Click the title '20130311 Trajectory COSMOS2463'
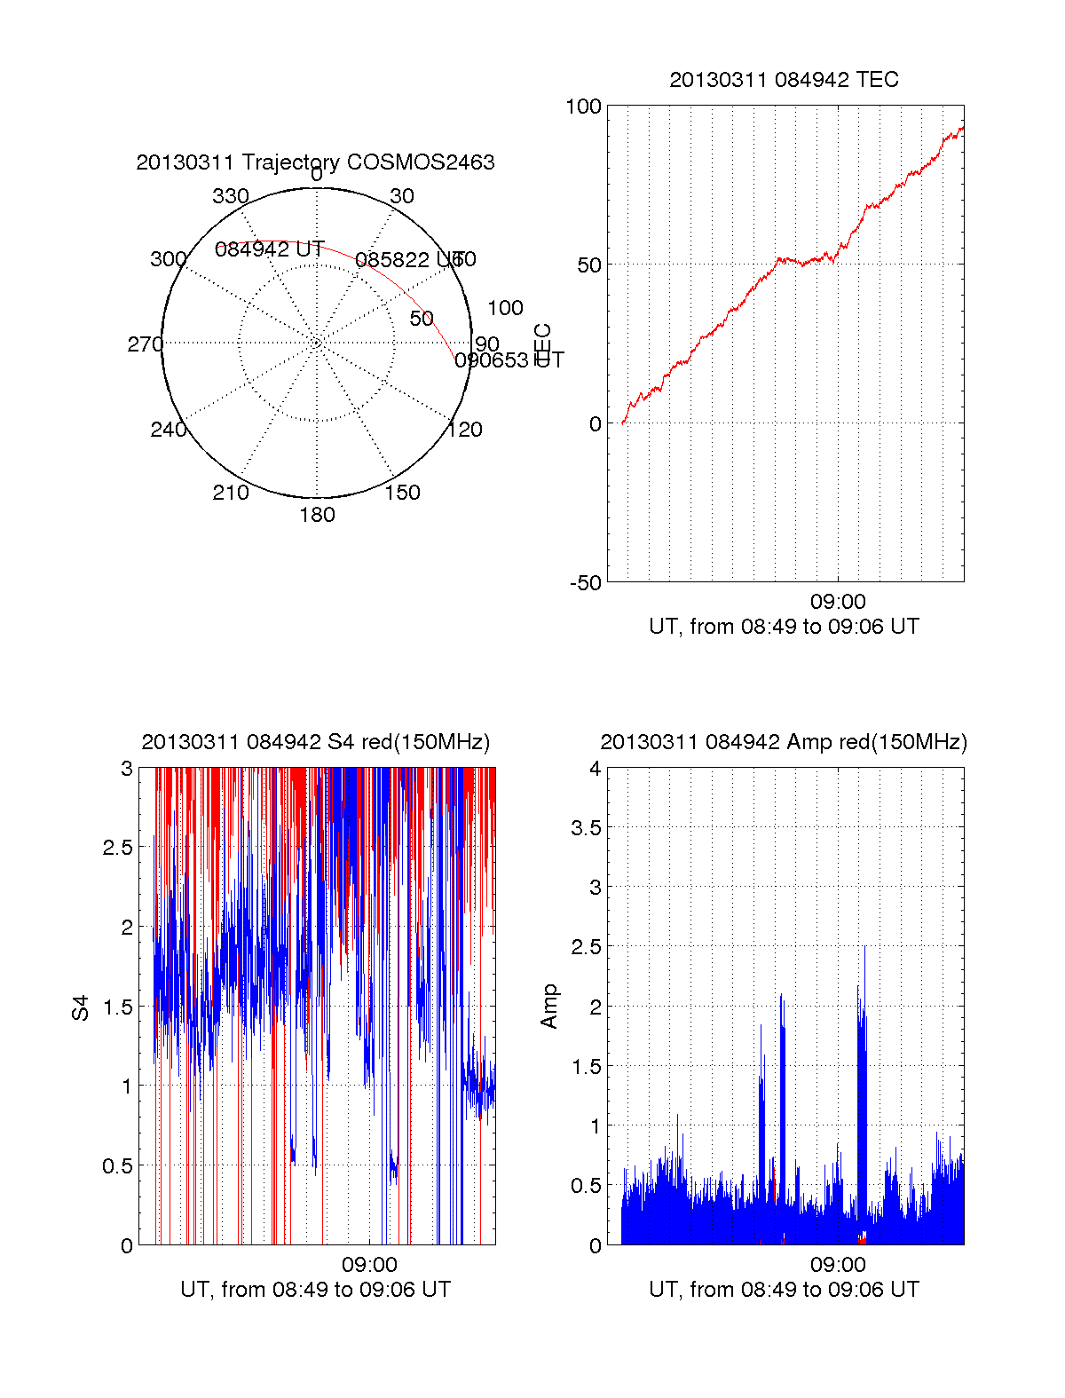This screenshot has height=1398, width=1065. [x=315, y=162]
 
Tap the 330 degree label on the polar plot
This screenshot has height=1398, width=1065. [x=231, y=196]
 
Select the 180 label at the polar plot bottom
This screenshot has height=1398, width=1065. [x=317, y=515]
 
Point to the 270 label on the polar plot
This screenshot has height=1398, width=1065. [x=145, y=344]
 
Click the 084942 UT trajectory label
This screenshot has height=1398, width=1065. [x=270, y=249]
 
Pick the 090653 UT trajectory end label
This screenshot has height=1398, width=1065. [x=509, y=360]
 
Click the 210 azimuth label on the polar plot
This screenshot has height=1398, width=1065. [x=231, y=493]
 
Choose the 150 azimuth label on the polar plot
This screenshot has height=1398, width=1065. [x=402, y=493]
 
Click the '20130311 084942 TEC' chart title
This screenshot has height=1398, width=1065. [x=784, y=80]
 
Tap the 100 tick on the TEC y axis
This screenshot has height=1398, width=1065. [x=583, y=107]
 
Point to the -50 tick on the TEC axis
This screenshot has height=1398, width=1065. [x=586, y=583]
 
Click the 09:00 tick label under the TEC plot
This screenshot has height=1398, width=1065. [x=838, y=603]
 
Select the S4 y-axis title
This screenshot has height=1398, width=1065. [x=81, y=1007]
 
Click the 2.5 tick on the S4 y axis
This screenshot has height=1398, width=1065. [x=118, y=848]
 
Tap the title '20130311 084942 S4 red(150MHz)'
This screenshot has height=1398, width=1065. [x=315, y=742]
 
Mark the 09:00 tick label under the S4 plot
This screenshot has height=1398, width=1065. [x=369, y=1265]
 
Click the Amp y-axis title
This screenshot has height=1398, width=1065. [x=549, y=1006]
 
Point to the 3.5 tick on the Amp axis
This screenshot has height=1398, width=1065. [x=587, y=828]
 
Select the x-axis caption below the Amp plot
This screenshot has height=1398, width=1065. [x=784, y=1290]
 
